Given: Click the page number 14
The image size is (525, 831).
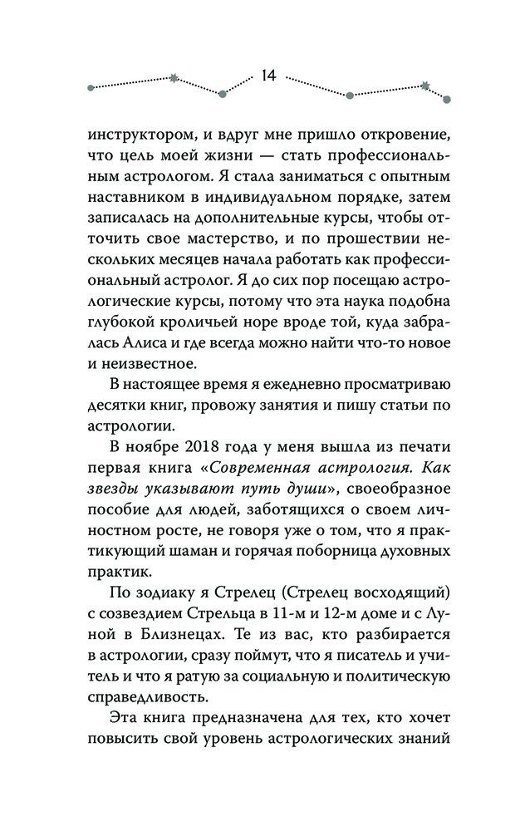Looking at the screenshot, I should [267, 76].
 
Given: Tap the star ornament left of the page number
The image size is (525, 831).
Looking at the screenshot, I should [174, 79].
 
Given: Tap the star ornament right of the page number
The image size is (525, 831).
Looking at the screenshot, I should [425, 85].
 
